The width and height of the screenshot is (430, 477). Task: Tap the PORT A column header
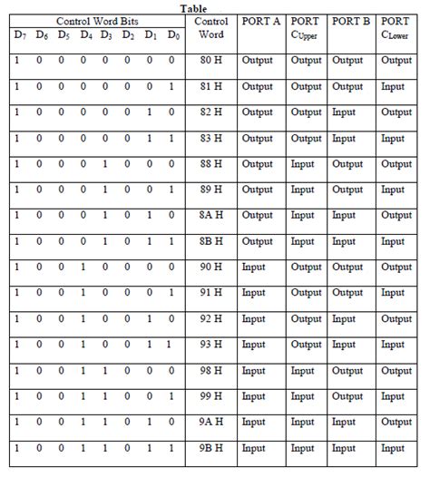(x=262, y=20)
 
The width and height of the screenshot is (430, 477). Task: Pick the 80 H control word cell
(x=213, y=61)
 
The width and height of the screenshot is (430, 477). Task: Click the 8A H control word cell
(x=213, y=216)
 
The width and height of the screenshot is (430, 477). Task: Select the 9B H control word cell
(x=213, y=448)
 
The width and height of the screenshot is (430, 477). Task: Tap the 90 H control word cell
(x=213, y=268)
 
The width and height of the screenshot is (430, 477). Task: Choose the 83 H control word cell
(x=213, y=139)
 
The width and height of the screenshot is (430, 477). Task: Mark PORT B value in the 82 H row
(x=344, y=112)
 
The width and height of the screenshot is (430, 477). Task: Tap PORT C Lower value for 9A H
(x=396, y=423)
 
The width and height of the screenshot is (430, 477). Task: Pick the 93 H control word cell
(x=213, y=345)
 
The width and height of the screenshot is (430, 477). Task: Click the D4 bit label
(x=84, y=35)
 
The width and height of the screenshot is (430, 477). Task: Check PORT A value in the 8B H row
(x=258, y=241)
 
